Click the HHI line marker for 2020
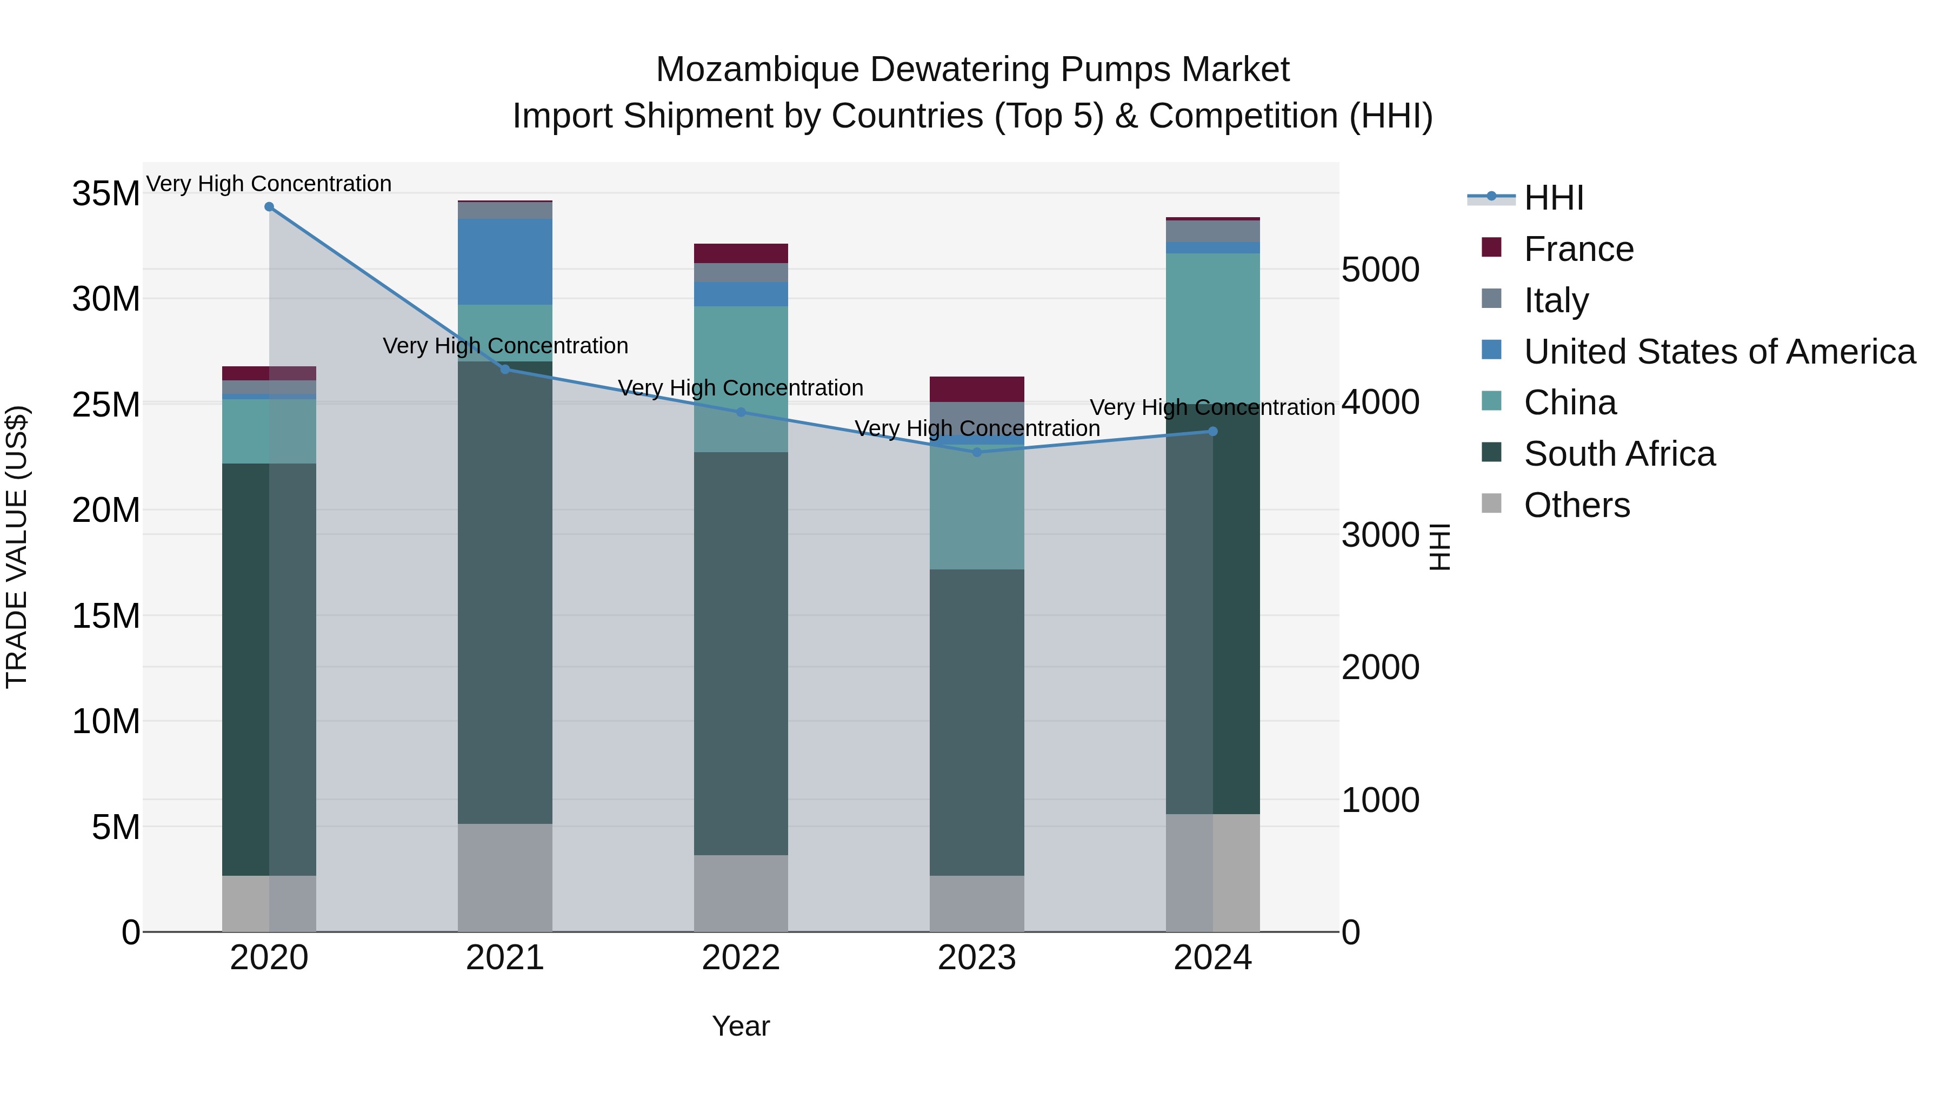point(269,207)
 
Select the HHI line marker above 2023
point(977,452)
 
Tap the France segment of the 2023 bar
point(977,389)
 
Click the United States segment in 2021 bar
point(505,262)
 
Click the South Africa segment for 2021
point(505,593)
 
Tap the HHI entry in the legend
point(1552,198)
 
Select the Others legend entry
point(1576,505)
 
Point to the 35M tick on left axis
point(106,194)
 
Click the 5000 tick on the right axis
point(1380,270)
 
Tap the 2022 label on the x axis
point(741,958)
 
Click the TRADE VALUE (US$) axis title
point(17,547)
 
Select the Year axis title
point(741,1026)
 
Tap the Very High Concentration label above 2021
point(505,346)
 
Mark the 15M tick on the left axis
point(106,616)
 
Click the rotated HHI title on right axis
point(1440,547)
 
